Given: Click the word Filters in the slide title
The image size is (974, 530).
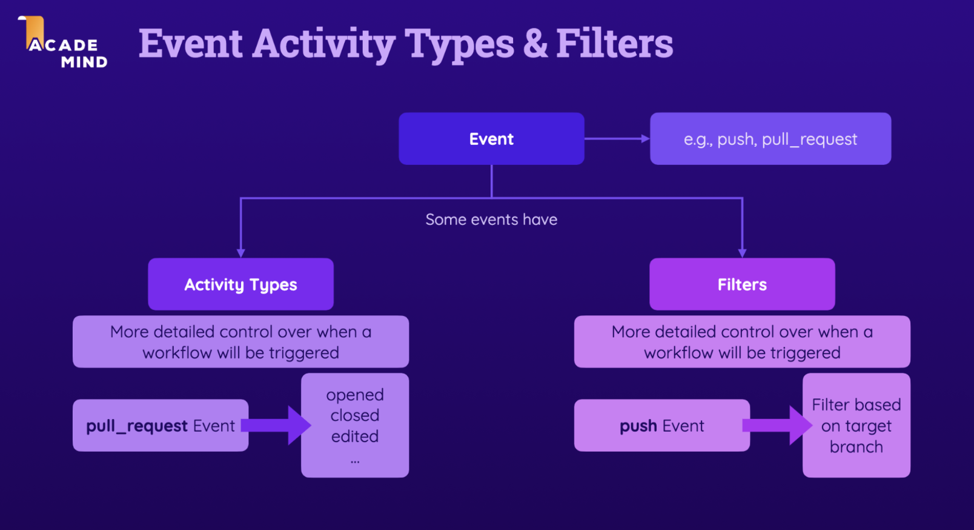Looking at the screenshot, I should [x=614, y=44].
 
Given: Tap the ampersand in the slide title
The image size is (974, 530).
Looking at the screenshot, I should [x=535, y=44].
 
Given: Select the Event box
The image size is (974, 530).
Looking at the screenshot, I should [x=491, y=139].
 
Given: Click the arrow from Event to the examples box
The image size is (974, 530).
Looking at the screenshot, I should [x=616, y=139].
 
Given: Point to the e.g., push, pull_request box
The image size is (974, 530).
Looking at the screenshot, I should [x=770, y=139].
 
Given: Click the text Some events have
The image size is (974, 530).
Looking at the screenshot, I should [x=491, y=220].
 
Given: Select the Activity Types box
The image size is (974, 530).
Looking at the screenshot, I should [x=240, y=284].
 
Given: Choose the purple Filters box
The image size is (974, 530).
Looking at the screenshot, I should [x=742, y=284].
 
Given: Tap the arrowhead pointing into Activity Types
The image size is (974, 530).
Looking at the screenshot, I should [x=241, y=252].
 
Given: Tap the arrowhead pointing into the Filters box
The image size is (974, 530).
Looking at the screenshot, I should [x=742, y=252].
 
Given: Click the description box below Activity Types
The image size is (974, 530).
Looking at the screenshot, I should [x=240, y=342].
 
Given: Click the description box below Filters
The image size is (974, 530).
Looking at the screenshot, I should [x=742, y=342].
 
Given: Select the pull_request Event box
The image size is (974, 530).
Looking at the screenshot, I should [x=160, y=426].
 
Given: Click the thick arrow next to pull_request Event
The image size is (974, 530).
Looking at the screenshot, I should [x=279, y=426].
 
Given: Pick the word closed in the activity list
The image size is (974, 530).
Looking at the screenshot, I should [x=355, y=415].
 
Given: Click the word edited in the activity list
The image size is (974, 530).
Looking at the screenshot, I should [x=355, y=437].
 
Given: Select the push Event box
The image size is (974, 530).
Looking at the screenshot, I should [x=661, y=426].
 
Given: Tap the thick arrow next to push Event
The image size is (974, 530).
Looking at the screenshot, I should [x=779, y=426].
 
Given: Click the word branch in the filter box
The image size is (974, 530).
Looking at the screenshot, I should [x=856, y=447].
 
